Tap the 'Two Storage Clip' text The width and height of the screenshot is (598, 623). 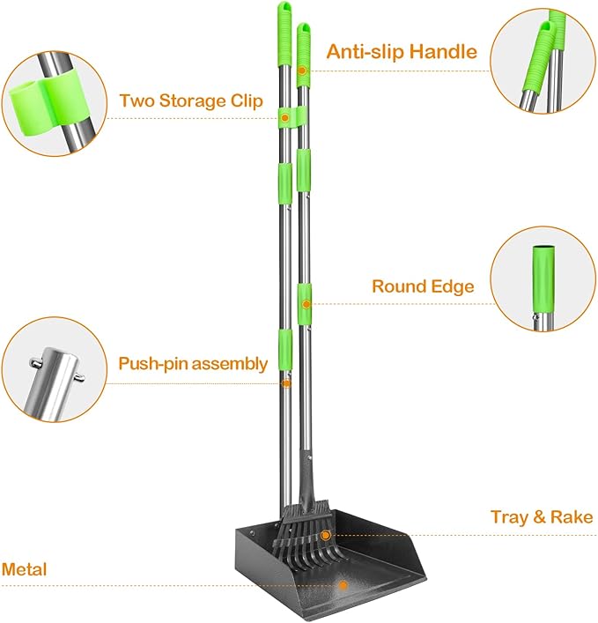click(x=191, y=100)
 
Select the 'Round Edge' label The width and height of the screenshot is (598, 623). click(x=423, y=286)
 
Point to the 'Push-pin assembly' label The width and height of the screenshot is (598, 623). click(x=193, y=363)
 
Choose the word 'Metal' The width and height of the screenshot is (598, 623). click(x=24, y=569)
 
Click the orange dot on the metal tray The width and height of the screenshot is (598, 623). click(x=344, y=584)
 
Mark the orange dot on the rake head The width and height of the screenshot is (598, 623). click(x=325, y=535)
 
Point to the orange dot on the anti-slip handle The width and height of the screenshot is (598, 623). click(x=302, y=70)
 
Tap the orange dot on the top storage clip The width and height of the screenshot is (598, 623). click(x=285, y=115)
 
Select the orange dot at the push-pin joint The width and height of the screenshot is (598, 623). click(x=286, y=383)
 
